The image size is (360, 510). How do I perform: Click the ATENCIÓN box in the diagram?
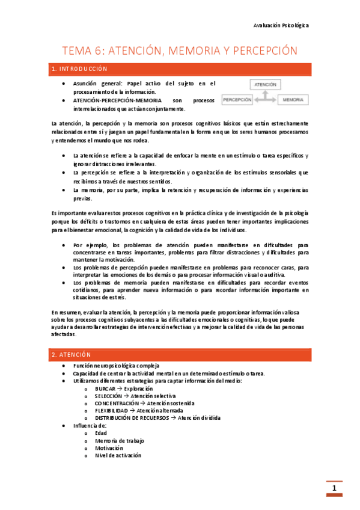[265, 85]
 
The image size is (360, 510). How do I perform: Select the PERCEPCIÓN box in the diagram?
[237, 99]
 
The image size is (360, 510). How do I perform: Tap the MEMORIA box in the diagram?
[293, 99]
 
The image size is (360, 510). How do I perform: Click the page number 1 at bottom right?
[334, 488]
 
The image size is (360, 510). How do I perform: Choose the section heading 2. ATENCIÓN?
[72, 355]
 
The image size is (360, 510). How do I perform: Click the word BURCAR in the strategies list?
[105, 389]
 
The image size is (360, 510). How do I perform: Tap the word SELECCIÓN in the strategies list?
[108, 396]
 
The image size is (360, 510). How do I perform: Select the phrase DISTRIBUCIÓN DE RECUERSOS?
[132, 418]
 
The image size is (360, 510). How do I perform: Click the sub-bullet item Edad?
[100, 432]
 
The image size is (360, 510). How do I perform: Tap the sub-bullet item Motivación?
[108, 447]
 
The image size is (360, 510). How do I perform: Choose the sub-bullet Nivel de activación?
[117, 455]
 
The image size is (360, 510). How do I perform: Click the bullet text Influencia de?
[90, 425]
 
